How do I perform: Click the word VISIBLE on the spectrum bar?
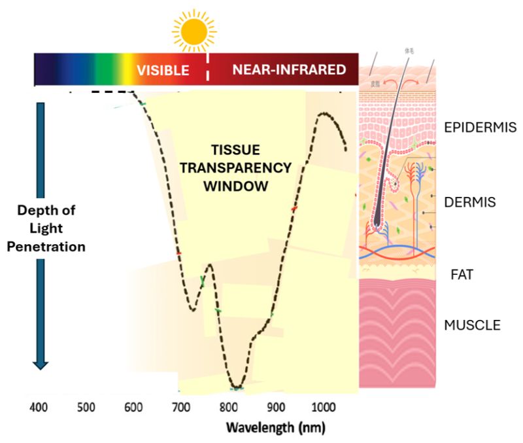pos(163,70)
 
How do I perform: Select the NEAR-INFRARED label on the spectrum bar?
pos(289,70)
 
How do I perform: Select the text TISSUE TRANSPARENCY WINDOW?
pos(235,168)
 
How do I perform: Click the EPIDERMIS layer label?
pos(481,128)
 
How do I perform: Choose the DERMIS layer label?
pos(469,203)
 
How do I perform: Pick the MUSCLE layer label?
pos(473,325)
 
